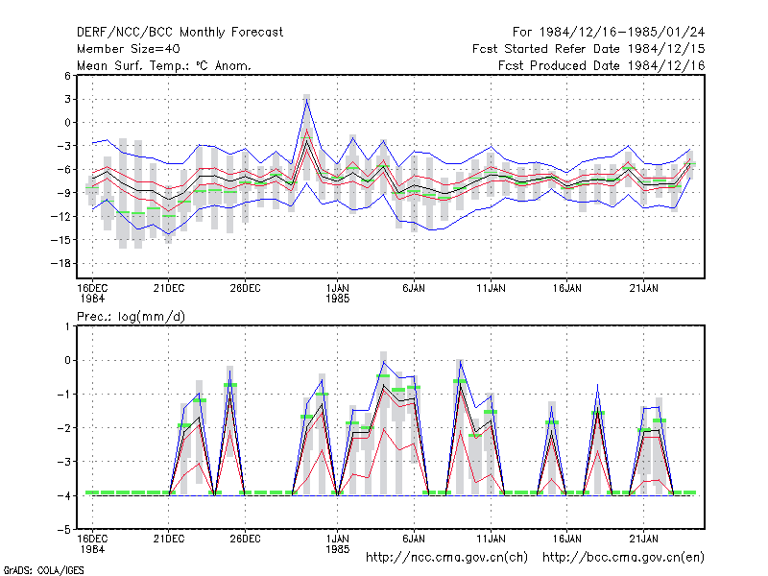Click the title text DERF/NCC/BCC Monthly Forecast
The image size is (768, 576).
180,33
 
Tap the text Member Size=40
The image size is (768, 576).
129,49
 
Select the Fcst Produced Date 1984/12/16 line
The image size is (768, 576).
602,65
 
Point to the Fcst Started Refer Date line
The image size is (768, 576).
588,49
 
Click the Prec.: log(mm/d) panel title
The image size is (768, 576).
131,317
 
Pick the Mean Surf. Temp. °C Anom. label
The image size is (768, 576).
164,65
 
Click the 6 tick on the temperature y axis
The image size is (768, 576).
67,76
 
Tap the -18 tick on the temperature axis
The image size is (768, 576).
61,263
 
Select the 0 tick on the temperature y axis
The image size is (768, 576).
67,123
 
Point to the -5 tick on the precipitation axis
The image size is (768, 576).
64,530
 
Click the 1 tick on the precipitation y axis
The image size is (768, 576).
68,326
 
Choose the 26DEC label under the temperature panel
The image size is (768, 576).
246,289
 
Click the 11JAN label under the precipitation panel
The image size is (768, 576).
491,539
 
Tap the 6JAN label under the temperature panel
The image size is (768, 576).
414,289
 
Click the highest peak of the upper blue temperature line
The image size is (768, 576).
306,100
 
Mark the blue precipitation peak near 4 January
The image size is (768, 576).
383,362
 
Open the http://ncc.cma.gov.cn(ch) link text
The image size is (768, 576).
446,558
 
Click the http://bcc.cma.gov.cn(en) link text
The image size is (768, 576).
623,558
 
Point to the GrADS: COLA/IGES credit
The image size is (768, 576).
43,570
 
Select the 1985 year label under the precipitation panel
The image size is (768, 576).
338,549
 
